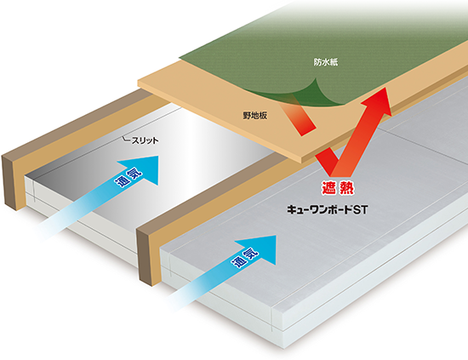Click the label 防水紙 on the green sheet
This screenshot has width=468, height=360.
pos(326,62)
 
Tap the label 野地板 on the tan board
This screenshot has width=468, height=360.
pos(255,116)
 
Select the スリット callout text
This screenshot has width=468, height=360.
pos(145,140)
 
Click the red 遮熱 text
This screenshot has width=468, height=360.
pos(338,188)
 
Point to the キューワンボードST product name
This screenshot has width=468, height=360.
pos(327,210)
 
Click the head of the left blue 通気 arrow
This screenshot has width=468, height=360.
pos(141,169)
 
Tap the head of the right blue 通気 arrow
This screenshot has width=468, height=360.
pos(259,249)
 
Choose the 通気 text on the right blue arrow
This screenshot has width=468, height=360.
pos(245,259)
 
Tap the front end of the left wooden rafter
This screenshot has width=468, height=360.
pos(9,182)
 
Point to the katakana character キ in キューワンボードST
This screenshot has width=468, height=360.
pos(292,210)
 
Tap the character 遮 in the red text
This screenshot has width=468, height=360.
pos(328,188)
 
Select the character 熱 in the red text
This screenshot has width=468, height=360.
pos(347,188)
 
